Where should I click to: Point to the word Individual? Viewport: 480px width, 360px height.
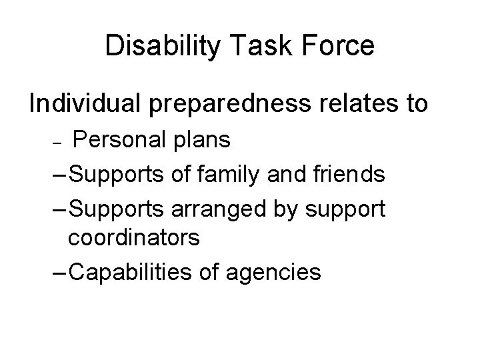[86, 104]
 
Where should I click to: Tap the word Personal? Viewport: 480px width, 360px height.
[113, 140]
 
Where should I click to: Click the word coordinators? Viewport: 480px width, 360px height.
[133, 239]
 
